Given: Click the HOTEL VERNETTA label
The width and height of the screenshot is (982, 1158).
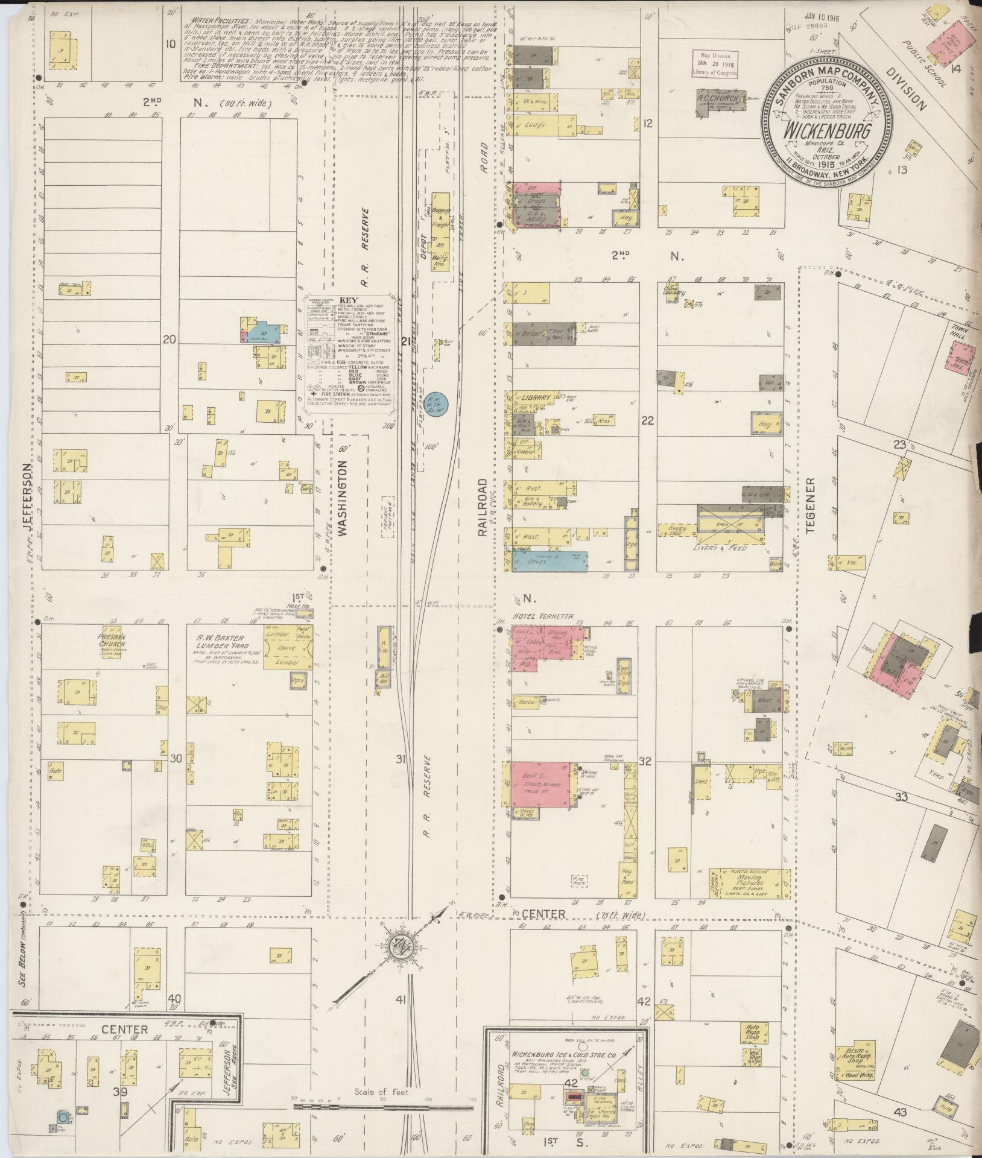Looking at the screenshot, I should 542,616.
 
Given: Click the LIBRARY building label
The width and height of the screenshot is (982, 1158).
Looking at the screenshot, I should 537,398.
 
